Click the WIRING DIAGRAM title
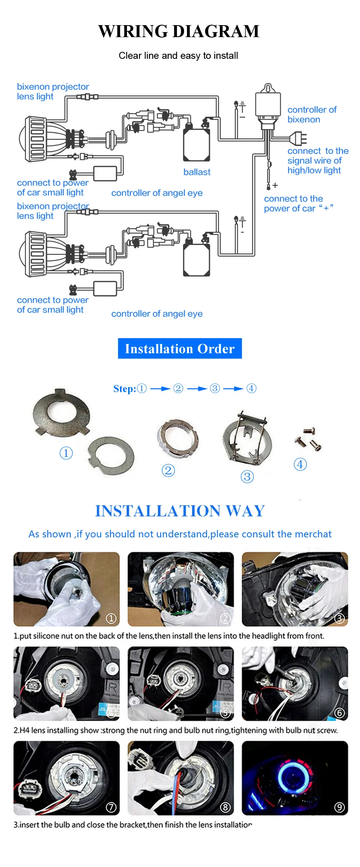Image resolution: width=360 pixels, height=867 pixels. click(179, 31)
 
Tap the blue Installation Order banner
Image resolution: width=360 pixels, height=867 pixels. click(180, 349)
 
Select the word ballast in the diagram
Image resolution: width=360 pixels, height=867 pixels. click(197, 172)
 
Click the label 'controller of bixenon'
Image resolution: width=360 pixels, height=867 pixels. click(312, 115)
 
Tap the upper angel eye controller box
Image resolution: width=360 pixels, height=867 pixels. click(105, 174)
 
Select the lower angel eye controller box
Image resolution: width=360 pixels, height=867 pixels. click(105, 289)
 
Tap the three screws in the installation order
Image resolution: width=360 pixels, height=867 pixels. click(309, 439)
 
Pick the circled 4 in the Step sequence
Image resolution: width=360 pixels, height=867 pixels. click(252, 388)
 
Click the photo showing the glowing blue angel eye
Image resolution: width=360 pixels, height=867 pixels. click(295, 778)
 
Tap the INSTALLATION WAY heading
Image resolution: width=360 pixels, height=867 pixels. click(180, 511)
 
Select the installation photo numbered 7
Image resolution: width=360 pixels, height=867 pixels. click(67, 778)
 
